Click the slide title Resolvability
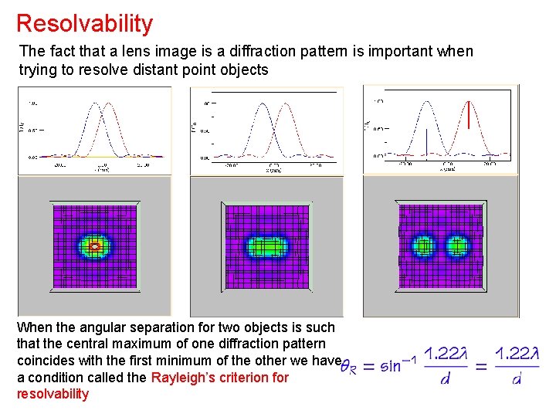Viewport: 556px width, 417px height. (x=84, y=23)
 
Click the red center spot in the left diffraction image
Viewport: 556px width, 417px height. (x=95, y=246)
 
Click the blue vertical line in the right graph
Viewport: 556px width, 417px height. (x=425, y=142)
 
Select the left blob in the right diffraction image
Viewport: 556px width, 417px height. (x=423, y=246)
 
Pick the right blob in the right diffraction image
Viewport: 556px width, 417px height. (x=458, y=246)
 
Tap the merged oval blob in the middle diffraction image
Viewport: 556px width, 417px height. (x=267, y=247)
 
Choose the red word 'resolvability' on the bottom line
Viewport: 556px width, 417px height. (x=53, y=395)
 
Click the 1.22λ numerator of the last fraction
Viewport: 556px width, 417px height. (x=517, y=354)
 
